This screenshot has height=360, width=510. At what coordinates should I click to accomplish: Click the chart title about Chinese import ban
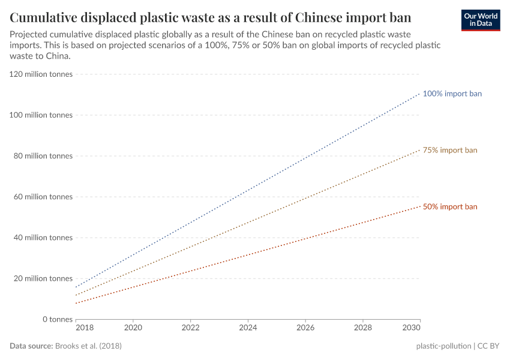coord(210,16)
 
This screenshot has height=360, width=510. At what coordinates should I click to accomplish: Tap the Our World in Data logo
coord(481,20)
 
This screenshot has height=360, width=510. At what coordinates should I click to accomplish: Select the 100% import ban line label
coord(452,94)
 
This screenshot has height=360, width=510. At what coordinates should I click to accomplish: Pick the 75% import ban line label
coord(450,150)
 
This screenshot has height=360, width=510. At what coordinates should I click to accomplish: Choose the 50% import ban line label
coord(450,206)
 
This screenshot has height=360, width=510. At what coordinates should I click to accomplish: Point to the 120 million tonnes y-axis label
coord(41,74)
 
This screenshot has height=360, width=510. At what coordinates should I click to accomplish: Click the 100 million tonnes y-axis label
coord(41,115)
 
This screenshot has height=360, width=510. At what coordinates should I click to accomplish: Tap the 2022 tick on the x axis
coord(190,329)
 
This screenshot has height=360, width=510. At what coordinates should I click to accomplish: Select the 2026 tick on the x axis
coord(305,329)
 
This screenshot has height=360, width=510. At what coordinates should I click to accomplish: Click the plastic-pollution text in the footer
coord(443,346)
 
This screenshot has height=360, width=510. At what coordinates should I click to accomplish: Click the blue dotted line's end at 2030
coord(420,94)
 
